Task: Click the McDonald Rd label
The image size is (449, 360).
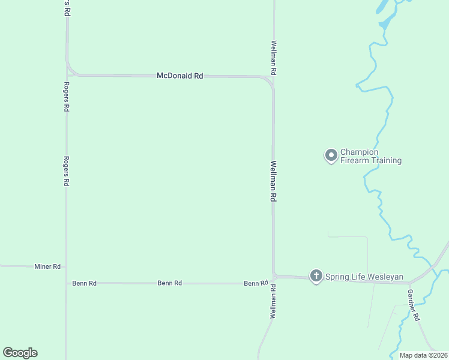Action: point(179,76)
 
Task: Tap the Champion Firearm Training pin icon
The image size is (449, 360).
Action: point(331,156)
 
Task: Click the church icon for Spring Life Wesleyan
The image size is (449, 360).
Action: point(316,276)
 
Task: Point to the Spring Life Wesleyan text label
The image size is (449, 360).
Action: point(364,277)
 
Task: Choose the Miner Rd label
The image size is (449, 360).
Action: point(47,266)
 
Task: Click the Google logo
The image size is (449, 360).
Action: point(20,353)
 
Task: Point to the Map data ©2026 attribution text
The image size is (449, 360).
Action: point(424,355)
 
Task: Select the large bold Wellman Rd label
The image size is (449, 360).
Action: point(273,181)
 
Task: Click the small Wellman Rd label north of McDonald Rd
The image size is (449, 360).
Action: point(274,58)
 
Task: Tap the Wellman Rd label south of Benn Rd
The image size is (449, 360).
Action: point(273,301)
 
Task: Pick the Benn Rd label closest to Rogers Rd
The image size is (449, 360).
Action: point(84,283)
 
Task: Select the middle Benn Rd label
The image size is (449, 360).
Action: point(169,283)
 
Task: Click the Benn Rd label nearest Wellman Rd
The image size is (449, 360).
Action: point(256,283)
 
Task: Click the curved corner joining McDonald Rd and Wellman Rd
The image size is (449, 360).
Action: point(270,80)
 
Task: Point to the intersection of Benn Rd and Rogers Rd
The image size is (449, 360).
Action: point(66,283)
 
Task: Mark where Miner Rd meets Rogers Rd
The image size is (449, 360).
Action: point(66,266)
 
